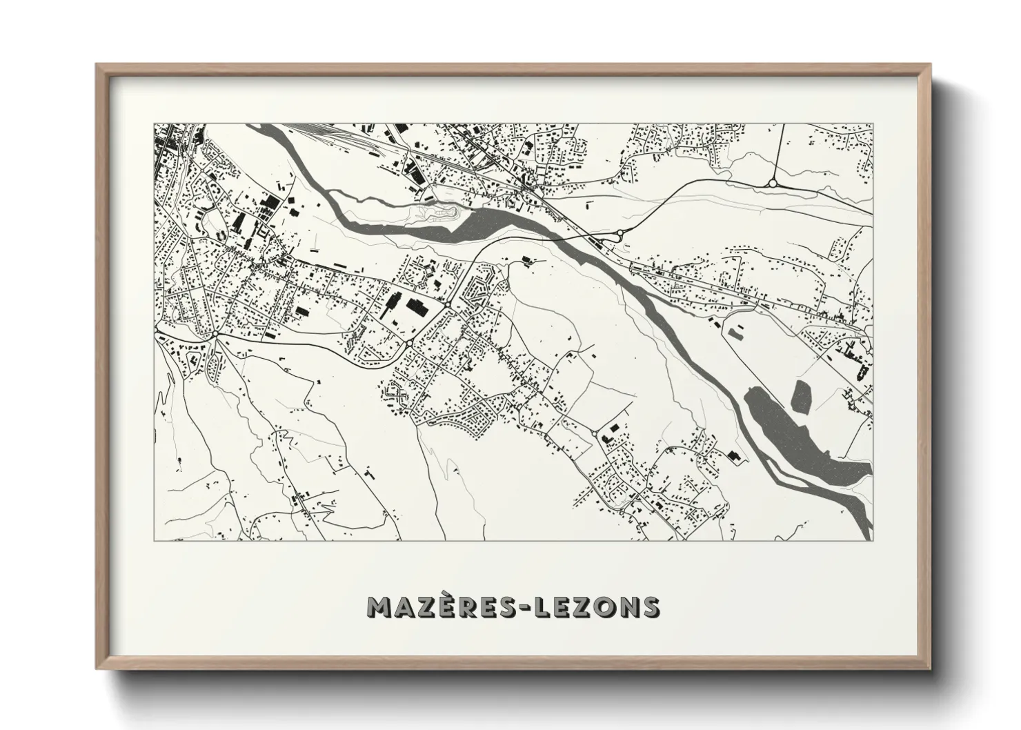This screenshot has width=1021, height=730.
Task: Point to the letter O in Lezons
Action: click(602, 608)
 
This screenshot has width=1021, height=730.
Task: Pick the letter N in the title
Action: click(626, 608)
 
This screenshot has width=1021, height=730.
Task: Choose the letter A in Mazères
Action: click(407, 608)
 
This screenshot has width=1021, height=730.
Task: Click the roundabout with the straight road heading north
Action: click(772, 184)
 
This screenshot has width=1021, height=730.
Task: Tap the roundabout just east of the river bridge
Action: click(620, 234)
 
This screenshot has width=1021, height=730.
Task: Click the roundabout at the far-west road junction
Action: click(216, 335)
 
